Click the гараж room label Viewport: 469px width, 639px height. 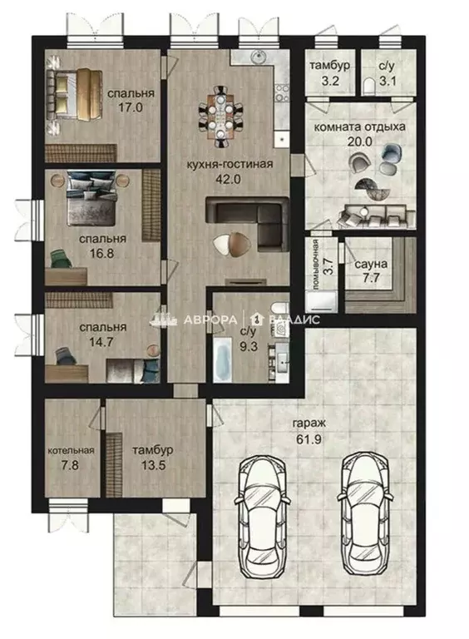coord(309,424)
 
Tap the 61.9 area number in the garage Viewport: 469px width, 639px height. coord(309,439)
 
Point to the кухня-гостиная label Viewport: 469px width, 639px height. coord(230,164)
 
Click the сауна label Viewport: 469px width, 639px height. coord(371,264)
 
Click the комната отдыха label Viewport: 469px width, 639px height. coord(359,126)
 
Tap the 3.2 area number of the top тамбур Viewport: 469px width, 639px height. coord(330,80)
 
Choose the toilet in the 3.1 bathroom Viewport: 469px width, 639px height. coord(369,85)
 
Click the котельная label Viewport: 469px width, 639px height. coord(72,450)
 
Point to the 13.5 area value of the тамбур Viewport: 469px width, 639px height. coord(153,465)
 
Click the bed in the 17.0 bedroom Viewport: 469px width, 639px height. coord(74,95)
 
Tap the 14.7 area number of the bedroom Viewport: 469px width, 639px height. coord(101,342)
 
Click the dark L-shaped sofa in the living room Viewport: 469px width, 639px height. coord(248,222)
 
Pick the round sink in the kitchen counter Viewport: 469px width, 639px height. coord(258,57)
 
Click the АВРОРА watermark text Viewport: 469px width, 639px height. coord(210,319)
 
